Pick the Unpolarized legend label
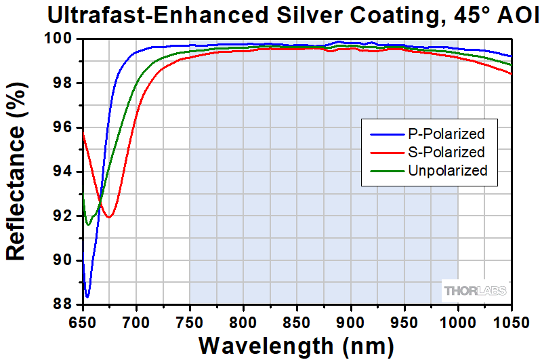point(448,170)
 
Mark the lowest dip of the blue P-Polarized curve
point(87,296)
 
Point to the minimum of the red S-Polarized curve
point(108,216)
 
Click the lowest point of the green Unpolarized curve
point(87,224)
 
